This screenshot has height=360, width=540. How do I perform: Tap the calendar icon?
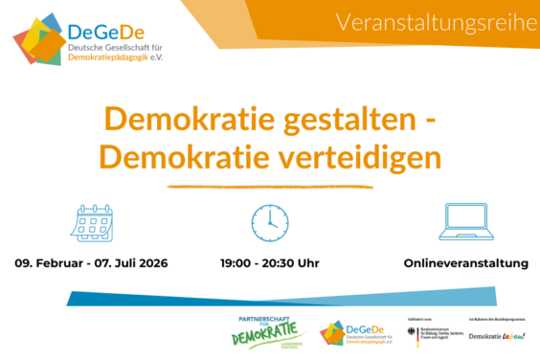[92, 221]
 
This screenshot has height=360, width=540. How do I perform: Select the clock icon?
[269, 221]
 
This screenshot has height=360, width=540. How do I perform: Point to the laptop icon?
[466, 221]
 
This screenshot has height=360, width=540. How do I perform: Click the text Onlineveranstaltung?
[465, 261]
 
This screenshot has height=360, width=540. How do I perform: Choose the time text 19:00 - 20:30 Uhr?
[269, 261]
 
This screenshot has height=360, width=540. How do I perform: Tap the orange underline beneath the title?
[269, 181]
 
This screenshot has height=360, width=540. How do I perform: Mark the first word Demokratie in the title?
[186, 120]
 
